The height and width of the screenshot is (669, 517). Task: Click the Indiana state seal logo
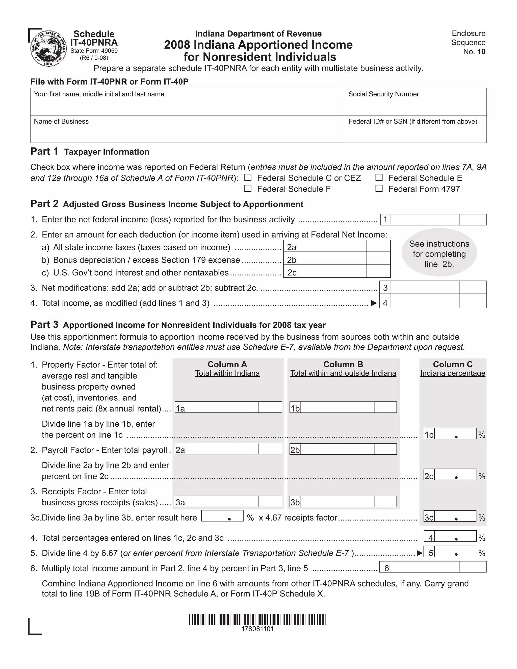coord(49,48)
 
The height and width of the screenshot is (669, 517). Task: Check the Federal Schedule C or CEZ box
coord(248,178)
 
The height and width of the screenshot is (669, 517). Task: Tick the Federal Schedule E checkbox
coord(379,178)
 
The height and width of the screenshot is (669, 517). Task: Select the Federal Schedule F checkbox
coord(248,189)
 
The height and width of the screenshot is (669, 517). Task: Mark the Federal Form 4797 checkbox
coord(379,189)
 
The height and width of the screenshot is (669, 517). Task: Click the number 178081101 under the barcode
coord(257,629)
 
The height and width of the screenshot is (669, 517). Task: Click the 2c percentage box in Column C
coord(455,475)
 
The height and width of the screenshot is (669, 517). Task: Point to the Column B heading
coord(343,365)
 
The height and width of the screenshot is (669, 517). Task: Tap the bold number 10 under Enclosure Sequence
coord(481,52)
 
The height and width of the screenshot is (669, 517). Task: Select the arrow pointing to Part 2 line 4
coord(374,303)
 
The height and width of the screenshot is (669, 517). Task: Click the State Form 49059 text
coord(94,51)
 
